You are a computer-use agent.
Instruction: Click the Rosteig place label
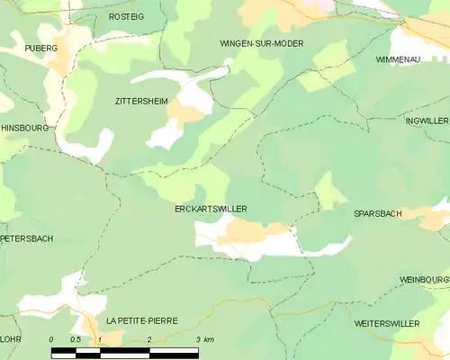point(126,17)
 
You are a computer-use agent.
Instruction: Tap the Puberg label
point(41,48)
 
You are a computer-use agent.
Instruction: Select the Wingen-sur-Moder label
point(261,43)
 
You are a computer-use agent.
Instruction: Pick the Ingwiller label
point(427,121)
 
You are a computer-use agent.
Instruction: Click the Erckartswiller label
point(211,209)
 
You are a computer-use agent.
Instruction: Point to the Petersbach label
point(27,238)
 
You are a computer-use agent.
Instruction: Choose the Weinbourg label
point(424,280)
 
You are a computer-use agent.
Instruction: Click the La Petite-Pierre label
point(141,320)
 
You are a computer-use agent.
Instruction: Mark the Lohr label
point(11,339)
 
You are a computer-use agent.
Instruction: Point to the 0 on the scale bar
point(51,339)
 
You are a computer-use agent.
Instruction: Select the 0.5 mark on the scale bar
point(76,339)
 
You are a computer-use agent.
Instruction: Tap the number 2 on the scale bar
point(148,339)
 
